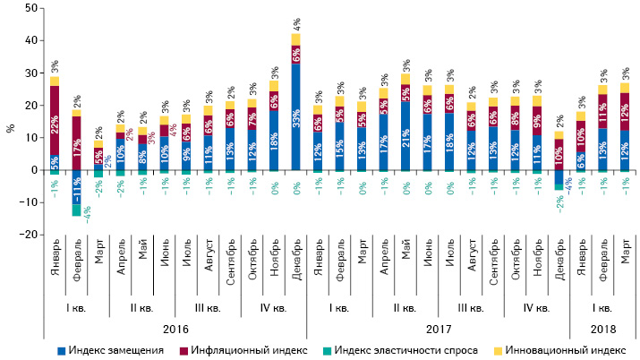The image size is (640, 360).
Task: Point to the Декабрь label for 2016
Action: [295, 261]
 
